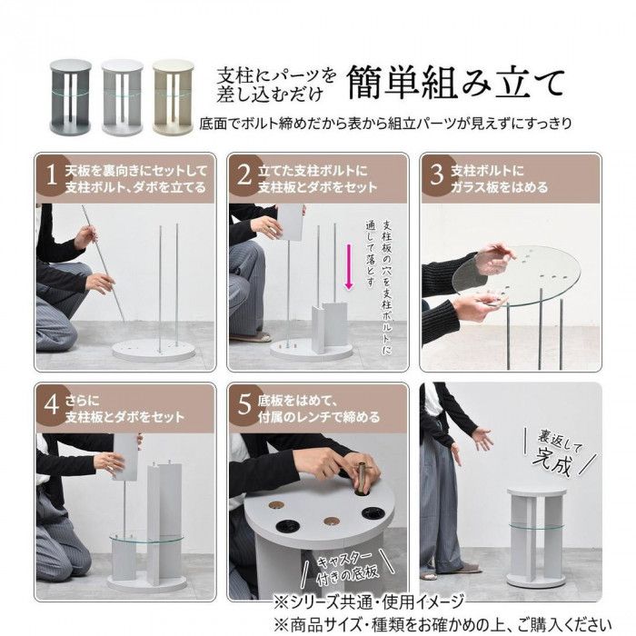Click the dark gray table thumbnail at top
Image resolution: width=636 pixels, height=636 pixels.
click(x=71, y=97)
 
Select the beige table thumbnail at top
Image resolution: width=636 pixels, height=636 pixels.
click(x=174, y=97)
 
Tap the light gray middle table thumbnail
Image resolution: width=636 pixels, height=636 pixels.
click(x=122, y=97)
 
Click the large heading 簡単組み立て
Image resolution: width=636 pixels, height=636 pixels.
click(x=456, y=83)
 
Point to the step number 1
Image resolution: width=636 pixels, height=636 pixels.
click(x=52, y=175)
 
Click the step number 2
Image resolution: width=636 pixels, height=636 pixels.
click(x=244, y=175)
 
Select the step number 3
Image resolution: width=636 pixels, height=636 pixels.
click(x=437, y=175)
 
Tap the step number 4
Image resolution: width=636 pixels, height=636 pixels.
click(x=52, y=404)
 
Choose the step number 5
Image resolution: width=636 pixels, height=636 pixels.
click(x=244, y=404)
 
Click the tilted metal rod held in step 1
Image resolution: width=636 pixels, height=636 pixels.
click(x=103, y=263)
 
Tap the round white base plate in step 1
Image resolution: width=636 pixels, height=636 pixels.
click(x=154, y=352)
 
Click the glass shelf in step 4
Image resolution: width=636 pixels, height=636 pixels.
click(x=146, y=538)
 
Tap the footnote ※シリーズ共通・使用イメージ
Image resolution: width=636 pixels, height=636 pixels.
click(x=368, y=602)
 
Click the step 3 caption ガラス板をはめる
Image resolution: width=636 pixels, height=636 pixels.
click(x=499, y=187)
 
